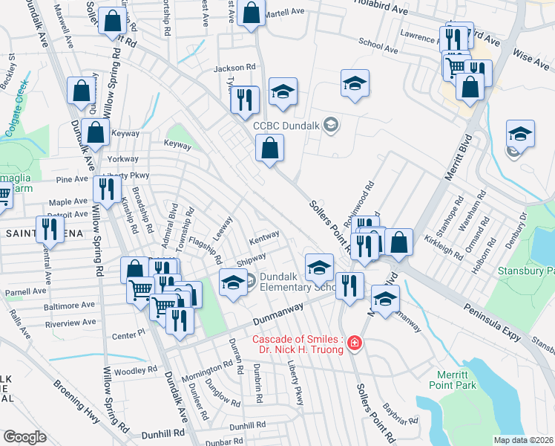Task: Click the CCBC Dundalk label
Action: pos(286,126)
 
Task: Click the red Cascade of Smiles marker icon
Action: pos(355,343)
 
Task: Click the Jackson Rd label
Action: pos(234,68)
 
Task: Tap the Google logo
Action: pos(24,436)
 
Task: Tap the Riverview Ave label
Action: pos(70,323)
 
